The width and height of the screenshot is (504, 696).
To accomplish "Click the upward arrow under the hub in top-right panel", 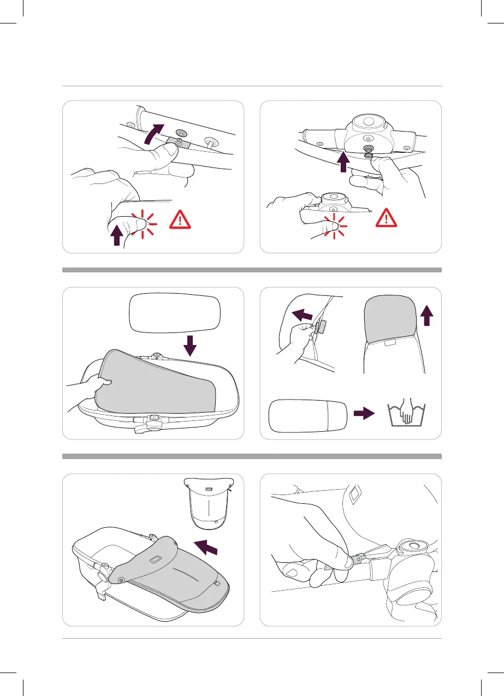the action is tap(343, 162).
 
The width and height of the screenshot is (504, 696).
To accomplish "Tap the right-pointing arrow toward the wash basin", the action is tap(365, 414).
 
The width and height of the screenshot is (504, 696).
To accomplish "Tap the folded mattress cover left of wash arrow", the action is tap(309, 414).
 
